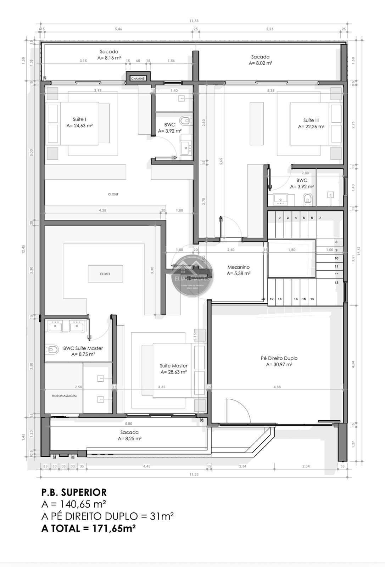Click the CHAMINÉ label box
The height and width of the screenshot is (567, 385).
[138, 78]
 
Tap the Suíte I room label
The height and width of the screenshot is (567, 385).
[80, 119]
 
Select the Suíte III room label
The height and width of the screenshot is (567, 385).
[311, 120]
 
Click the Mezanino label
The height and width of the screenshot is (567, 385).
[239, 267]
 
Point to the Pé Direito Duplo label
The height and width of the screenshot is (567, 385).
[279, 358]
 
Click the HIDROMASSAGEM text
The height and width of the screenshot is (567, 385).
[64, 396]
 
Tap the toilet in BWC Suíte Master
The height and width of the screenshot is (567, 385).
[52, 350]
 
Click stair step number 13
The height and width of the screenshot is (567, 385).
[336, 283]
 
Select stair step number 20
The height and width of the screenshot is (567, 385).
[263, 299]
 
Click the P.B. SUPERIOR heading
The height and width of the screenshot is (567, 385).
[74, 492]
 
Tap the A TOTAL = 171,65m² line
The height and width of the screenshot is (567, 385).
[89, 528]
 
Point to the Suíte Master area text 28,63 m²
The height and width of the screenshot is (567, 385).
[174, 372]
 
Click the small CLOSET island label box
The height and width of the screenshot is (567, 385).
[105, 274]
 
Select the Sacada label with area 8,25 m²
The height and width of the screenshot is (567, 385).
[129, 432]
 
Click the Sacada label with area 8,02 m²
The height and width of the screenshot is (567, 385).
[260, 57]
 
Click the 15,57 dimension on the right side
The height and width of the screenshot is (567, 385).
[359, 251]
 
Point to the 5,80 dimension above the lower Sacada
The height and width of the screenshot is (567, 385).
[129, 423]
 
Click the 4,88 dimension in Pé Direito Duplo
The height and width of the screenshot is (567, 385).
[277, 387]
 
